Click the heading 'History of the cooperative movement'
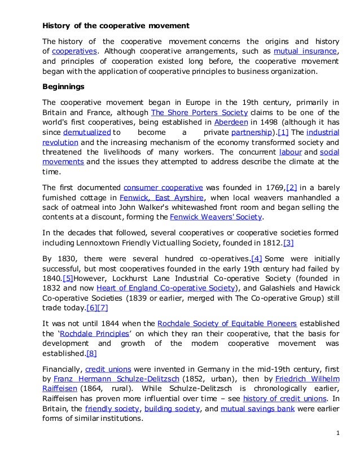coord(116,27)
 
